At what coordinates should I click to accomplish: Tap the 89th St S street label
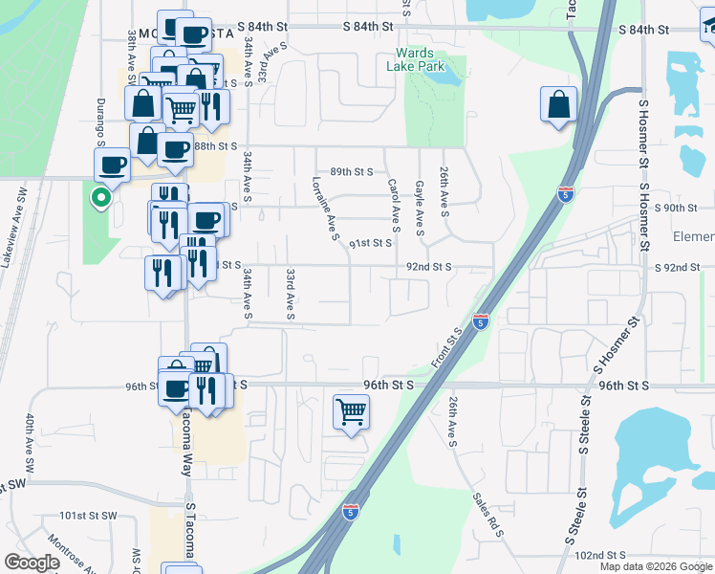tap(351, 171)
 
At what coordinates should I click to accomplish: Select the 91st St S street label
tap(370, 243)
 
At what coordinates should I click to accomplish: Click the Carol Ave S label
tap(392, 206)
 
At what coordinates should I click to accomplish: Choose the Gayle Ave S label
tap(419, 206)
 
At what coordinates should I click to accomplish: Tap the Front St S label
tap(446, 343)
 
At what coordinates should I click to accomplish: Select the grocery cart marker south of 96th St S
tap(352, 412)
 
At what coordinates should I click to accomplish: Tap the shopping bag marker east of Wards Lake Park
tap(558, 103)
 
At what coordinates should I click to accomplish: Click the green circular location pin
tap(99, 198)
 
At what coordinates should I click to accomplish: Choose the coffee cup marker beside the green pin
tap(113, 165)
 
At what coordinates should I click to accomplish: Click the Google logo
tap(32, 563)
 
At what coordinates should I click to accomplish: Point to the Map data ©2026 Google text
tap(656, 566)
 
